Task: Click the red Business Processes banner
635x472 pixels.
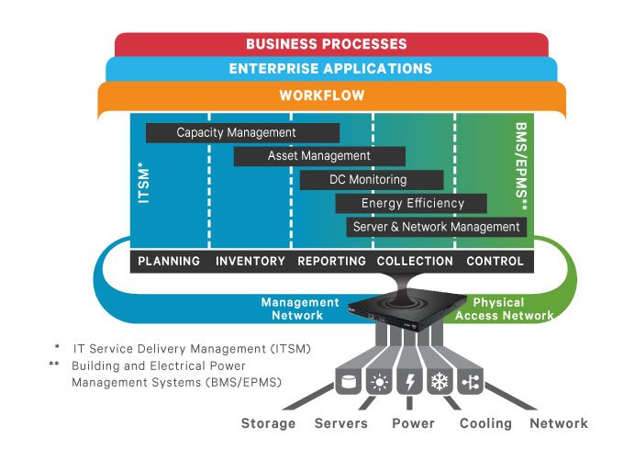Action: coord(327,44)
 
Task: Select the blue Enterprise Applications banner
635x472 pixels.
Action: coord(329,69)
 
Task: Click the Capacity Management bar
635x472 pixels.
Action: coord(242,133)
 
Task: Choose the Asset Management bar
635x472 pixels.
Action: coord(318,156)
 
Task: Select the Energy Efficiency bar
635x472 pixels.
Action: coord(412,203)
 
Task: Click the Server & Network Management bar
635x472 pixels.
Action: coord(436,227)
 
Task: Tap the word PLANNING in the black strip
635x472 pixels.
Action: coord(169,261)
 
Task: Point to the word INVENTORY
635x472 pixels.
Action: coord(251,261)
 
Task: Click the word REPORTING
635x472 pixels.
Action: coord(332,261)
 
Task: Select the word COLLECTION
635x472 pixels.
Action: coord(415,261)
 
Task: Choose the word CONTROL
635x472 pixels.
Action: coord(496,261)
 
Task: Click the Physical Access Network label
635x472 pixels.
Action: coord(500,309)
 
